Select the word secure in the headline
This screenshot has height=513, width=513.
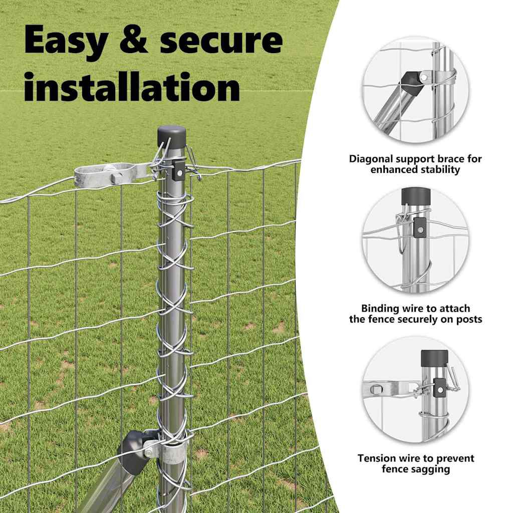tap(221, 40)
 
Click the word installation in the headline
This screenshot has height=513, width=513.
tap(132, 86)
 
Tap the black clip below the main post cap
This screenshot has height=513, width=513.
tap(178, 170)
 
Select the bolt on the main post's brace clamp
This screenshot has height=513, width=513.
tap(149, 453)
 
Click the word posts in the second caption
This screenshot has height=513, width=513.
tap(468, 319)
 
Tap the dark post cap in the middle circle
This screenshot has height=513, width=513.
tap(416, 196)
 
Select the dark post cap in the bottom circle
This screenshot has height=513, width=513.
tap(434, 358)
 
